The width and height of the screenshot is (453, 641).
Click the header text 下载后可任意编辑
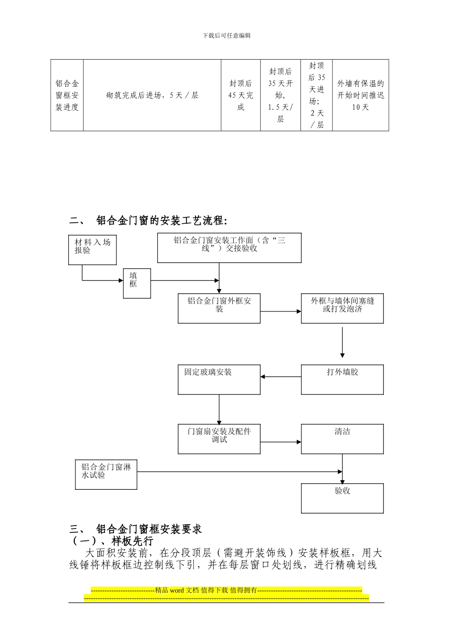tap(226, 36)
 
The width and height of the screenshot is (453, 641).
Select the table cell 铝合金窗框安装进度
tap(67, 95)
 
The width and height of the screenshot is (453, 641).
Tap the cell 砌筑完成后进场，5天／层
tap(152, 95)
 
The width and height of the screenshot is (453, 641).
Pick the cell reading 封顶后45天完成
tap(240, 95)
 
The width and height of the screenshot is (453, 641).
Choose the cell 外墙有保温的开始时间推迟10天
tap(360, 95)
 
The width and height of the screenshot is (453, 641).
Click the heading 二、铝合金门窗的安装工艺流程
tap(148, 221)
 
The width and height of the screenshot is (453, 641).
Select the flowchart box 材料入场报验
tap(93, 250)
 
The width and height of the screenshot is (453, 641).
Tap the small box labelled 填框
tap(137, 283)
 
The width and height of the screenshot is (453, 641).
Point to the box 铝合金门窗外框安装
tap(219, 309)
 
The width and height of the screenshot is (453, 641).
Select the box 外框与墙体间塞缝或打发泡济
tap(342, 309)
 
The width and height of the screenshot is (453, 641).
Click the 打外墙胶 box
tap(342, 380)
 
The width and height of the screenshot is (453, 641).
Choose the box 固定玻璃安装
tap(219, 380)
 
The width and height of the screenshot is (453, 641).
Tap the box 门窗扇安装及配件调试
tap(219, 439)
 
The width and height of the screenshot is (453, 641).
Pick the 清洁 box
tap(342, 439)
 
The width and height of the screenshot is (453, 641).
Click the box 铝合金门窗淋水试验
tap(106, 475)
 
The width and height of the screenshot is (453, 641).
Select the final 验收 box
tap(342, 498)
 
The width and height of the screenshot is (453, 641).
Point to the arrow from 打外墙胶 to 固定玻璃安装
tap(281, 377)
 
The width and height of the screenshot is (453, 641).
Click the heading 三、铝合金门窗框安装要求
tap(136, 529)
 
